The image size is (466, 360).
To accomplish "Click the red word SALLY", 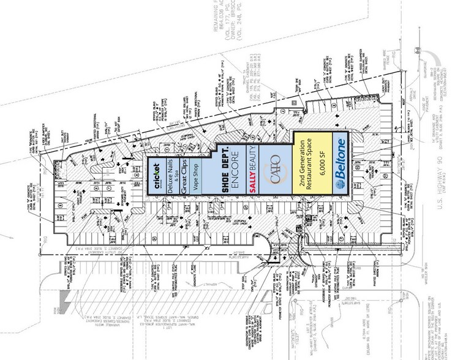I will click(x=251, y=185).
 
